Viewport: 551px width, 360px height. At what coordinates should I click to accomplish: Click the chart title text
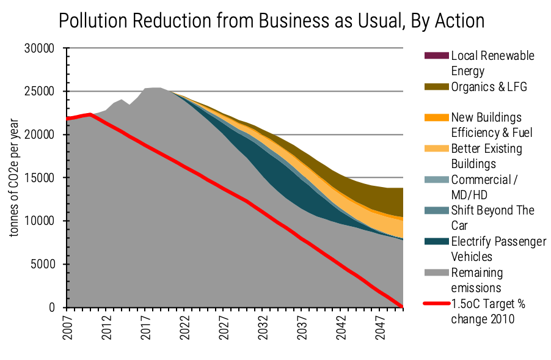(271, 21)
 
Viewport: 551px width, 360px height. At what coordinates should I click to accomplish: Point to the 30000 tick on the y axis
(43, 48)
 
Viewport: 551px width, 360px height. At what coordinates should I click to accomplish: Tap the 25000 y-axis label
(43, 92)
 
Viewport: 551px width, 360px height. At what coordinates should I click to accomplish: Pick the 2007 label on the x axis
(68, 329)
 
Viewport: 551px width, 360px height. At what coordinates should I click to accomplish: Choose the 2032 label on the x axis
(264, 329)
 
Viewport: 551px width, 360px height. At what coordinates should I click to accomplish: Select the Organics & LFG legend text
(489, 87)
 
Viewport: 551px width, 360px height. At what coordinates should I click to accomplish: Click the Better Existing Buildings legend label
(486, 156)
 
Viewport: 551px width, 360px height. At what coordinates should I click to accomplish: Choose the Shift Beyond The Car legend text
(492, 218)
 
